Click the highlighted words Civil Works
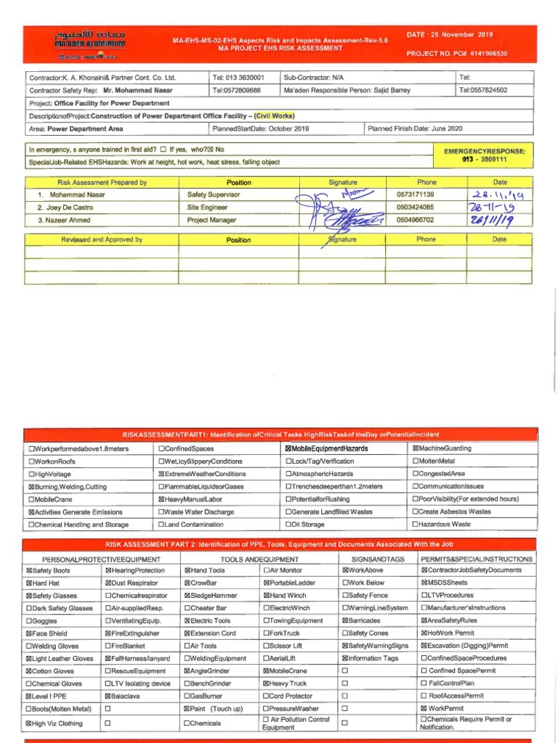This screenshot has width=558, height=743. pyautogui.click(x=274, y=115)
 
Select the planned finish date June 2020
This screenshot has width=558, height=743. pyautogui.click(x=415, y=128)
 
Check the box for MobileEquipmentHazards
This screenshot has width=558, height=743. pyautogui.click(x=289, y=449)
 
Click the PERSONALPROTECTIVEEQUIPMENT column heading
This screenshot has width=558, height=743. pyautogui.click(x=101, y=559)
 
